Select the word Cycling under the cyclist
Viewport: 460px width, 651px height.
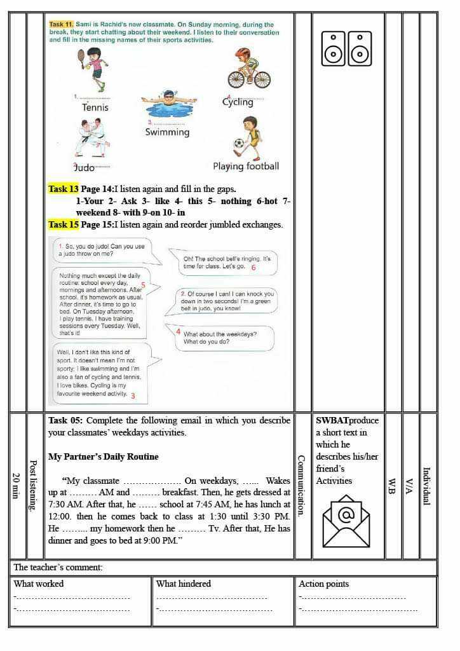(238, 102)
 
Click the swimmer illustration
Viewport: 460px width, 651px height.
(168, 106)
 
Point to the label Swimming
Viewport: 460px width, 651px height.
(167, 132)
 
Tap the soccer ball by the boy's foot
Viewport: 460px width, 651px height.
(238, 144)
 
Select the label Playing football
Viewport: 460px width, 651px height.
(246, 167)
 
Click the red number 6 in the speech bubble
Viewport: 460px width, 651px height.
(253, 268)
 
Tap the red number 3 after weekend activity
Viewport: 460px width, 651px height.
(133, 395)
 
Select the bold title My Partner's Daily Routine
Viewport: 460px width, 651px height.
(104, 456)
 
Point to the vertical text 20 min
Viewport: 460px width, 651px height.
(17, 485)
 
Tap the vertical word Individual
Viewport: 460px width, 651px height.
(427, 486)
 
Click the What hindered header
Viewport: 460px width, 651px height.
(184, 584)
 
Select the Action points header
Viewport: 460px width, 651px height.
(324, 584)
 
